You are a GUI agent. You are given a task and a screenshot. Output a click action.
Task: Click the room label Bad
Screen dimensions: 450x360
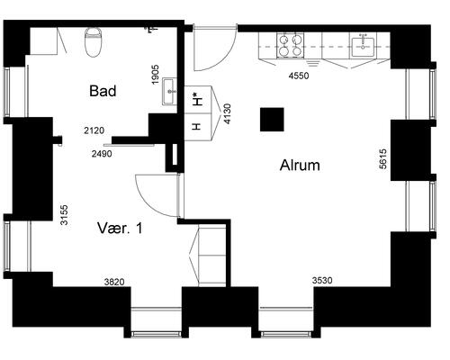coord(103,91)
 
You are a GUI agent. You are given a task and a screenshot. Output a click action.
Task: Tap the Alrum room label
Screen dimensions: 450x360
coord(300,166)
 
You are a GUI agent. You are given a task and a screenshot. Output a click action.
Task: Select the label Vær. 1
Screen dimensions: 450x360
coord(120,229)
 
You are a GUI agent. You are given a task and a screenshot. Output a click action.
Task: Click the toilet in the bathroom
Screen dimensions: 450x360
coord(94,42)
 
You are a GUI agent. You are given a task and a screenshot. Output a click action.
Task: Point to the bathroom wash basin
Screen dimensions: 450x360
coord(170,91)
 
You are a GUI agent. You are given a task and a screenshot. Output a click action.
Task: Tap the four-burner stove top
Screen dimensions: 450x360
coord(290,45)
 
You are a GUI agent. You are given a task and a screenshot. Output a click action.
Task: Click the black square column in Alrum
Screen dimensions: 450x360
coord(272,120)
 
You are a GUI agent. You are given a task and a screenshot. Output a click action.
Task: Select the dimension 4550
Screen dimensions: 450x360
coord(299,76)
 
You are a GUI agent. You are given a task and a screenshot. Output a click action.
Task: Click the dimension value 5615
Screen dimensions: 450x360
coord(382,159)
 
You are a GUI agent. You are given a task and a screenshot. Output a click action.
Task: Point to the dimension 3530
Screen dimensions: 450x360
coord(322,281)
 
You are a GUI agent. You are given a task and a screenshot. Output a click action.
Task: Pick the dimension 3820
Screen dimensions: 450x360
coord(114,282)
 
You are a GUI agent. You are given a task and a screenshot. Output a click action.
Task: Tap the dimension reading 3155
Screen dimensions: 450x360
coord(64,215)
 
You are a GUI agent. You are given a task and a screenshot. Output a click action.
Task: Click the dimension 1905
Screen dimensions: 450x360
coord(155,75)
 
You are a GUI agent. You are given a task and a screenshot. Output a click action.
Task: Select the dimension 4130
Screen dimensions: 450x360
coord(228,113)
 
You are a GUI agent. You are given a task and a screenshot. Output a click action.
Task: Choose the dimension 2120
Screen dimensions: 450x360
coord(94,130)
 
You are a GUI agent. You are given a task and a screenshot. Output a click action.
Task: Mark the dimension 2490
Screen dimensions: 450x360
coord(102,154)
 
